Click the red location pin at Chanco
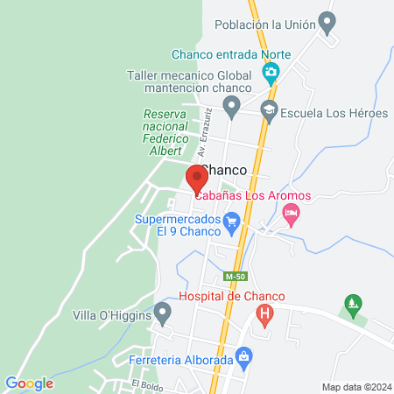click(x=196, y=179)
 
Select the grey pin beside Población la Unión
click(x=327, y=22)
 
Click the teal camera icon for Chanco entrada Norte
click(x=271, y=72)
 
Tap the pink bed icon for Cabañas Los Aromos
click(x=292, y=212)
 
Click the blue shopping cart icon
click(x=231, y=222)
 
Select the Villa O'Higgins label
click(x=110, y=313)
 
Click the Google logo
click(x=29, y=383)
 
